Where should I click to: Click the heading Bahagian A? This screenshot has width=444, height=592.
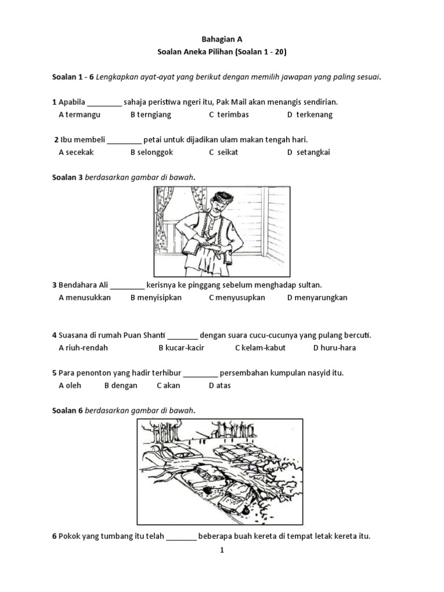pos(221,39)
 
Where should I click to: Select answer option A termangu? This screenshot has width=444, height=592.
pos(79,114)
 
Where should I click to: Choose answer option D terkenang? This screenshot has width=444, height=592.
pos(310,114)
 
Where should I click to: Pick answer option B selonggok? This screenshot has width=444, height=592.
pos(151,153)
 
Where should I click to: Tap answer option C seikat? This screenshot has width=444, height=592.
pos(223,153)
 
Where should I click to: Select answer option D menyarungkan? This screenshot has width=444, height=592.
pos(317,298)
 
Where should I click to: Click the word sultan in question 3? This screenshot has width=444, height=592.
pos(309,285)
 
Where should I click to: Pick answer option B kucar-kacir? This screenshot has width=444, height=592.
pos(181,348)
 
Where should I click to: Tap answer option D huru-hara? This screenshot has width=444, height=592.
pos(335,348)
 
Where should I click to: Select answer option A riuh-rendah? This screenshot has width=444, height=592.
pos(83,348)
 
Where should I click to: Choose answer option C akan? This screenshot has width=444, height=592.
pos(168,386)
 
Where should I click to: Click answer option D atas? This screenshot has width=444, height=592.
pos(220,386)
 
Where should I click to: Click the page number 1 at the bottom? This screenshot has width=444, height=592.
pos(221,551)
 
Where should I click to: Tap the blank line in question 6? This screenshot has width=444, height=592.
pos(182,537)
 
